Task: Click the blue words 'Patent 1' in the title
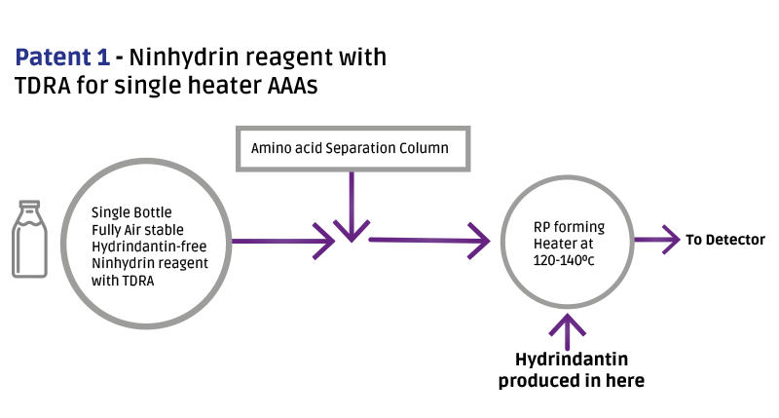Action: (x=61, y=57)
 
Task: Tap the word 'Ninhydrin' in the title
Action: (x=181, y=57)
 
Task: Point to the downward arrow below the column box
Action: (x=349, y=209)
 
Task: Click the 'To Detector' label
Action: (x=725, y=240)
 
